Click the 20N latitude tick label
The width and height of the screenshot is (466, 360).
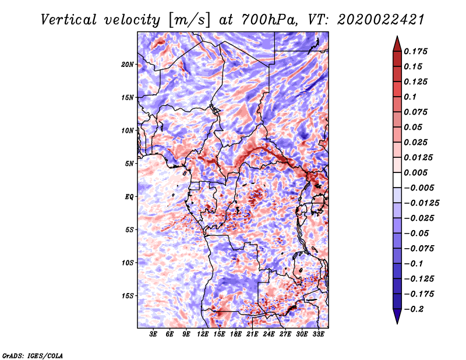[128, 65]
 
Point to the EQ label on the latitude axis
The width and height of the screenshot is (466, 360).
[129, 197]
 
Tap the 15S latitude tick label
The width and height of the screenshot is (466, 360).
[128, 296]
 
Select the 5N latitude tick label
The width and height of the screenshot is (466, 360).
[129, 164]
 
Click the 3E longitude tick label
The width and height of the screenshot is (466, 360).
[153, 334]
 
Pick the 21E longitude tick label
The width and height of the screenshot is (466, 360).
[252, 334]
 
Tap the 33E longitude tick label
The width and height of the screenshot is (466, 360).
[318, 334]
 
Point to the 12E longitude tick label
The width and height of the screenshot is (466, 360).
[202, 334]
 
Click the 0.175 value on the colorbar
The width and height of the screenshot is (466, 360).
[415, 51]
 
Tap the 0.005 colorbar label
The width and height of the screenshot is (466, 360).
[415, 172]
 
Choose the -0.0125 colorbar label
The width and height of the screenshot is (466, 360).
[421, 203]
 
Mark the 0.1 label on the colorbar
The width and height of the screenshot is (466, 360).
[410, 97]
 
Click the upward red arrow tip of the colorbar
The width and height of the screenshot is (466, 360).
[397, 37]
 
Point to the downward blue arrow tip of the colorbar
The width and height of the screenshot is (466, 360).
[397, 323]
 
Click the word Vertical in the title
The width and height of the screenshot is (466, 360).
[69, 20]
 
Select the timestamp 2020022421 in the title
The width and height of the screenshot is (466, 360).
[381, 20]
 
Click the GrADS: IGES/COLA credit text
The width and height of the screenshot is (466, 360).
[33, 355]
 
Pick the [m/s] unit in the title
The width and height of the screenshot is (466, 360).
[189, 20]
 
